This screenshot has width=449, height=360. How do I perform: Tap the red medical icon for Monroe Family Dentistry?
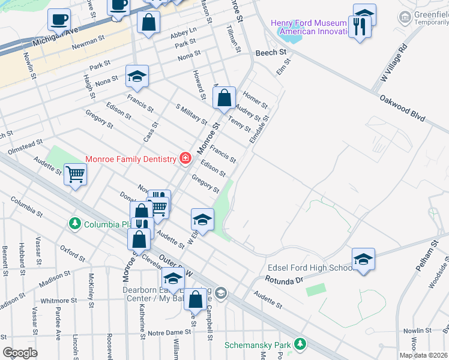coord(185,158)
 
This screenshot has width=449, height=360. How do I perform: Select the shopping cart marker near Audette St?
coord(76,175)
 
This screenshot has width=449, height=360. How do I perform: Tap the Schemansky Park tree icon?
coord(299,344)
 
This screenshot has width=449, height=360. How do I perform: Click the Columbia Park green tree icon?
coord(74,224)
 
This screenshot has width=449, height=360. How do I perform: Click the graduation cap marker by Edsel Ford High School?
coord(363,259)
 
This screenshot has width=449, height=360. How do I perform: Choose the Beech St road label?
coord(271,53)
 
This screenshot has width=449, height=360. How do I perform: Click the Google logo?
coord(20,353)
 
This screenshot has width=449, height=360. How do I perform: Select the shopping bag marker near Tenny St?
coord(224,97)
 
